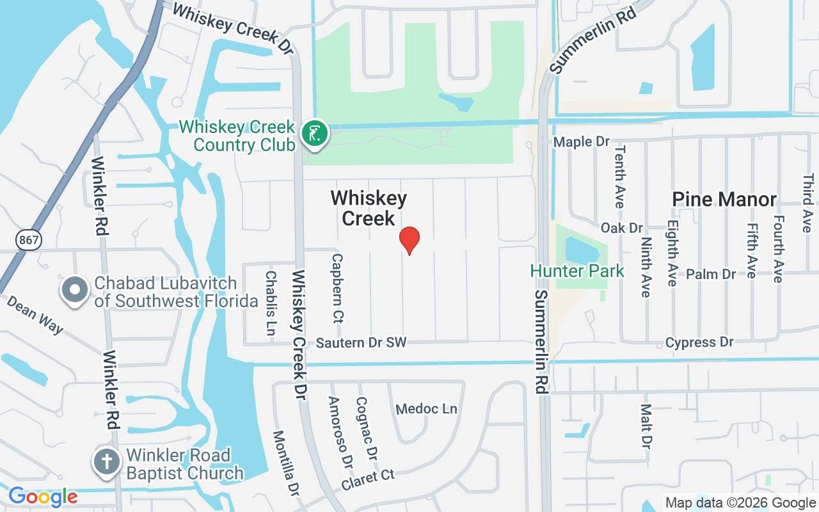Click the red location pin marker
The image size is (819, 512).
click(x=409, y=239)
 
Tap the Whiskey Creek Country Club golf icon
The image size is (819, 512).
click(x=314, y=134)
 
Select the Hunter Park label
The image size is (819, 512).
click(x=577, y=271)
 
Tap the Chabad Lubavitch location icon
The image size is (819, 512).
click(x=75, y=290)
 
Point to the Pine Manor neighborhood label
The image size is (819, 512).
click(x=724, y=200)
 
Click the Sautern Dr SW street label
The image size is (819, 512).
click(x=362, y=343)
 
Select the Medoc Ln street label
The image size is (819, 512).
click(x=427, y=408)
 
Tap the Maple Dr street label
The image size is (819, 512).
click(x=581, y=141)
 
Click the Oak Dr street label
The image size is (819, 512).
click(x=621, y=228)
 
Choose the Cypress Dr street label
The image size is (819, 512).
click(x=699, y=342)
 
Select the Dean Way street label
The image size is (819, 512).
click(x=36, y=314)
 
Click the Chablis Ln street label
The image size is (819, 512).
click(x=271, y=294)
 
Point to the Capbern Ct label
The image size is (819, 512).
click(x=337, y=287)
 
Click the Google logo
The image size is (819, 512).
click(x=43, y=497)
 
